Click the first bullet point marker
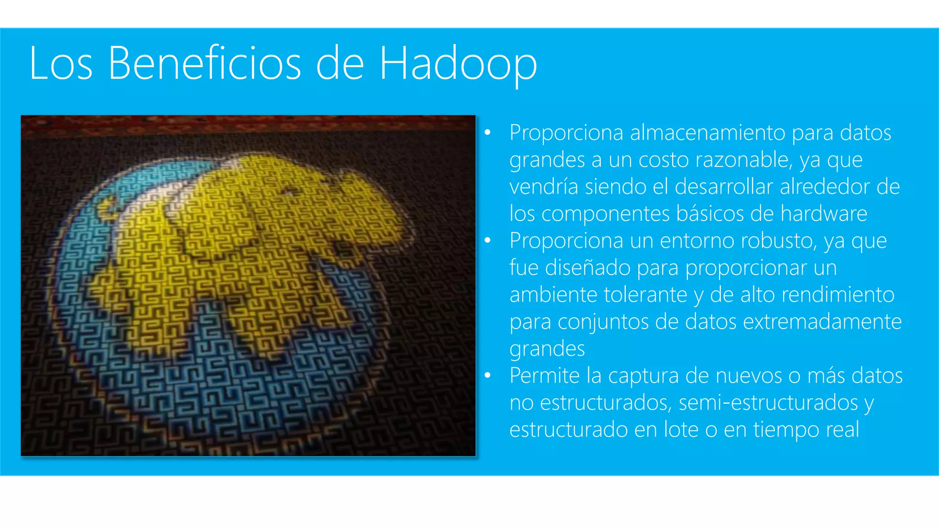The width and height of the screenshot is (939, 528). click(487, 133)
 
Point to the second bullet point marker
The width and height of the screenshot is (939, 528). click(487, 241)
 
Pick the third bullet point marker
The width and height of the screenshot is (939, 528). click(487, 376)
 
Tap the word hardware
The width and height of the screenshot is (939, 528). click(823, 214)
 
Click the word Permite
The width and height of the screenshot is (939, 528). click(544, 376)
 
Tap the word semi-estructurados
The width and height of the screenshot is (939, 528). click(768, 403)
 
